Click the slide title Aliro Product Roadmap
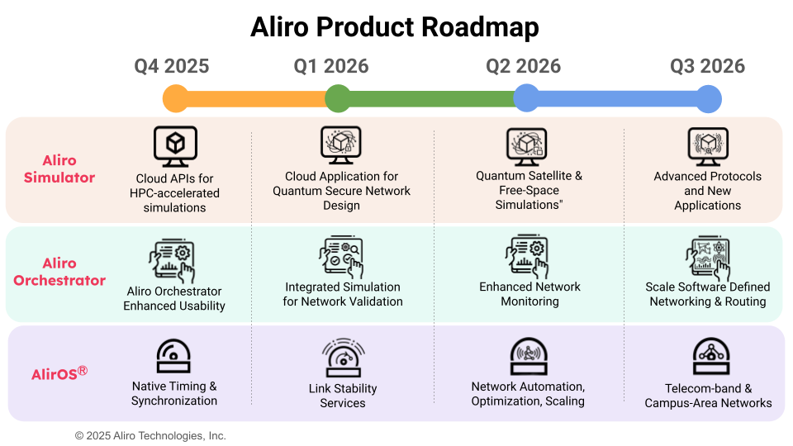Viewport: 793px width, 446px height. (395, 27)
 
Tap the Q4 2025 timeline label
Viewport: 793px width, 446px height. (172, 66)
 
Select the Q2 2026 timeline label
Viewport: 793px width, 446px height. (523, 66)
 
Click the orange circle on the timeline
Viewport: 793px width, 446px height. (176, 98)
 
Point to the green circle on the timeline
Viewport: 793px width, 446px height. (338, 98)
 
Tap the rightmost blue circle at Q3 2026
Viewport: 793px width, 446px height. (709, 99)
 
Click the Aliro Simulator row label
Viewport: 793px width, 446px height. (59, 169)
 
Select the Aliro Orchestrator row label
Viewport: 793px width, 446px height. (59, 272)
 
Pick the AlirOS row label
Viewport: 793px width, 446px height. (59, 373)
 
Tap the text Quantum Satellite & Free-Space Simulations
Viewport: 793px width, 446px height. (529, 190)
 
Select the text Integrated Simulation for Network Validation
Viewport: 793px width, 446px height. (343, 294)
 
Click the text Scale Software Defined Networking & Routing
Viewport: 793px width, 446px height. (708, 294)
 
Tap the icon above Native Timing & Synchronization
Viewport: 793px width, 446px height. (174, 355)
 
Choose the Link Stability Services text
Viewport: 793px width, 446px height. (343, 396)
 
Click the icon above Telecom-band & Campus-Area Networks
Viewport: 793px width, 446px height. (709, 356)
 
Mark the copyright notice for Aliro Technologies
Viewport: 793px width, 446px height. (150, 435)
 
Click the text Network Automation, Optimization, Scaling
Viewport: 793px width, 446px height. (529, 394)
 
